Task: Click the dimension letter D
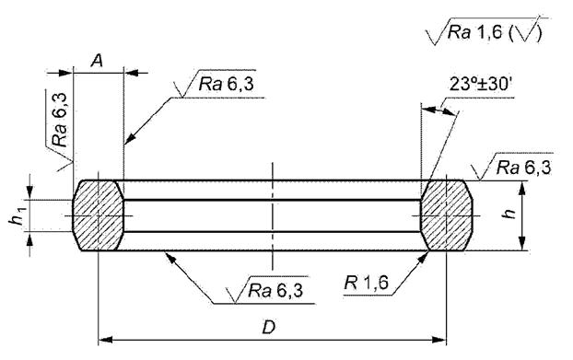pos(269,328)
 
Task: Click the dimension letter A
pos(97,60)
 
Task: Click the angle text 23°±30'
pos(480,84)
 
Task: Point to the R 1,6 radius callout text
pos(367,283)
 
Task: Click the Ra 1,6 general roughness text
pos(474,32)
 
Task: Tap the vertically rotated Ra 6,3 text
pos(60,120)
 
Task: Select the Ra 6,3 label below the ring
pos(275,291)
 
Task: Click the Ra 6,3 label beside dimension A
pos(227,85)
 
